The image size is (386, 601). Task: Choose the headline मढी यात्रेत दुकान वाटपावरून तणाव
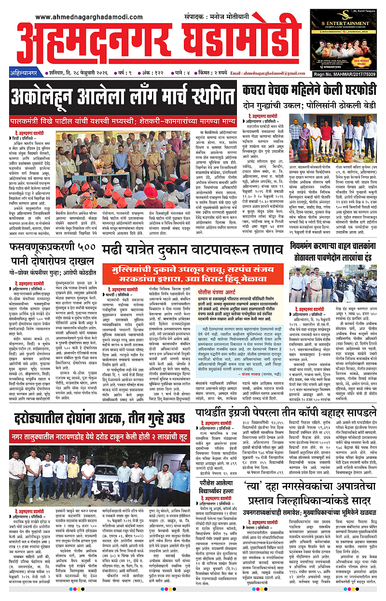pyautogui.click(x=191, y=250)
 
